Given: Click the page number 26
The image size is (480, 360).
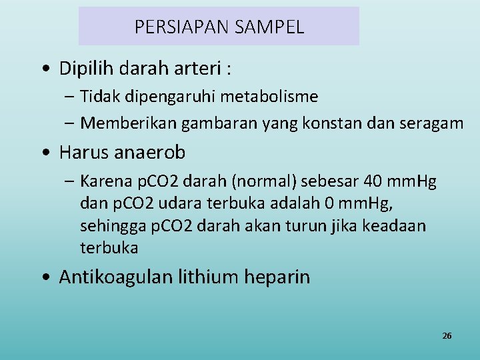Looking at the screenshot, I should click(447, 335).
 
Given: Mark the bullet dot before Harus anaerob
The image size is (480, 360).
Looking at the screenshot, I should click(43, 153).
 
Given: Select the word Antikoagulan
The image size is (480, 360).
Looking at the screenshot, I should click(115, 277).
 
